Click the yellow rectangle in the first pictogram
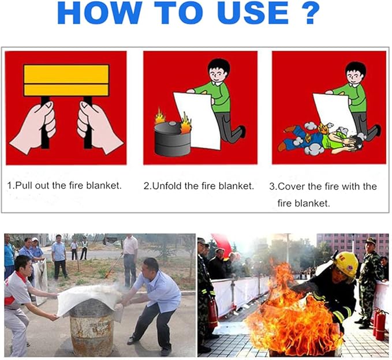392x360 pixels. click(66, 80)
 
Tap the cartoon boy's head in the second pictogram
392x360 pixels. click(219, 70)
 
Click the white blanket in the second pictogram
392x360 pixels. click(197, 118)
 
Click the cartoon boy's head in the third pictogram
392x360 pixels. click(354, 72)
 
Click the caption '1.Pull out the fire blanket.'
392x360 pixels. click(65, 186)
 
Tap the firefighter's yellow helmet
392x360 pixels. click(346, 263)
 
